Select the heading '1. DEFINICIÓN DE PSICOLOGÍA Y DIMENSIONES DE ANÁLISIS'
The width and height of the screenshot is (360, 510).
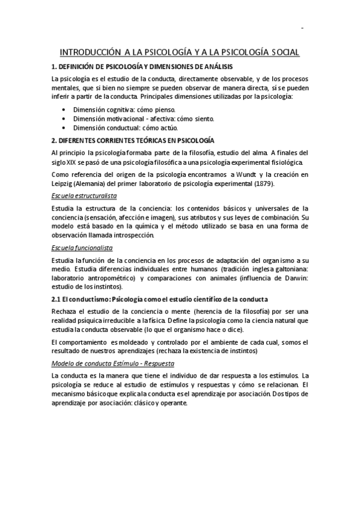pyautogui.click(x=142, y=67)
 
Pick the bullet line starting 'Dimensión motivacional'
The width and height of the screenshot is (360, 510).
pyautogui.click(x=144, y=119)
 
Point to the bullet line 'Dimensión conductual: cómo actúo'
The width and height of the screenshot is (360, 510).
pyautogui.click(x=126, y=128)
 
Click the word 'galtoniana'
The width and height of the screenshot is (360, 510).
pyautogui.click(x=290, y=269)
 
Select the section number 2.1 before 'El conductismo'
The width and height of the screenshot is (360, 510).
pyautogui.click(x=58, y=300)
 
